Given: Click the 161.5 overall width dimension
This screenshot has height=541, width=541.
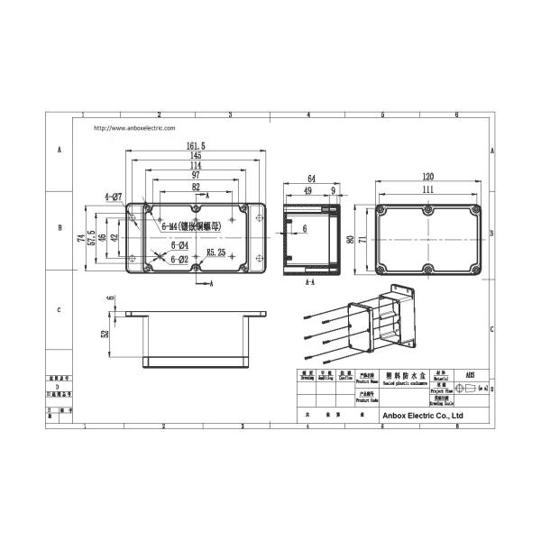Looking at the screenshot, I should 196,145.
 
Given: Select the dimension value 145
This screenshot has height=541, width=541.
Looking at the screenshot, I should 196,156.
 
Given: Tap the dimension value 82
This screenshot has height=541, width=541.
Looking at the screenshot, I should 196,188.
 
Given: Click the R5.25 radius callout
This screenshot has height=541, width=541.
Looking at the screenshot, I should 216,252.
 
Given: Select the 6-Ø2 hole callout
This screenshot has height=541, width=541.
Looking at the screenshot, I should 179,260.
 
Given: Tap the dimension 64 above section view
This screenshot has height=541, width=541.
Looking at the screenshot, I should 311,179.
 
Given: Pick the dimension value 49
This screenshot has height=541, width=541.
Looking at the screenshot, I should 307,190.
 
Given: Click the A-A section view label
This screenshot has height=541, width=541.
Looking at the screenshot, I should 310,282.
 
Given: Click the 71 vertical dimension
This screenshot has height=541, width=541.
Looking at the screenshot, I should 362,240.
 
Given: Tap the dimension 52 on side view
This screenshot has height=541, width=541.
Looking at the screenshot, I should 105,334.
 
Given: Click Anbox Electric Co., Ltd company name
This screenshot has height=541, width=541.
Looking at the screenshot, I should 423,417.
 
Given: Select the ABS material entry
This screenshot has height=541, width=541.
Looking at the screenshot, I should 469,373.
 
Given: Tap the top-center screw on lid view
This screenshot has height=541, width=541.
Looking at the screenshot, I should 427,210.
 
